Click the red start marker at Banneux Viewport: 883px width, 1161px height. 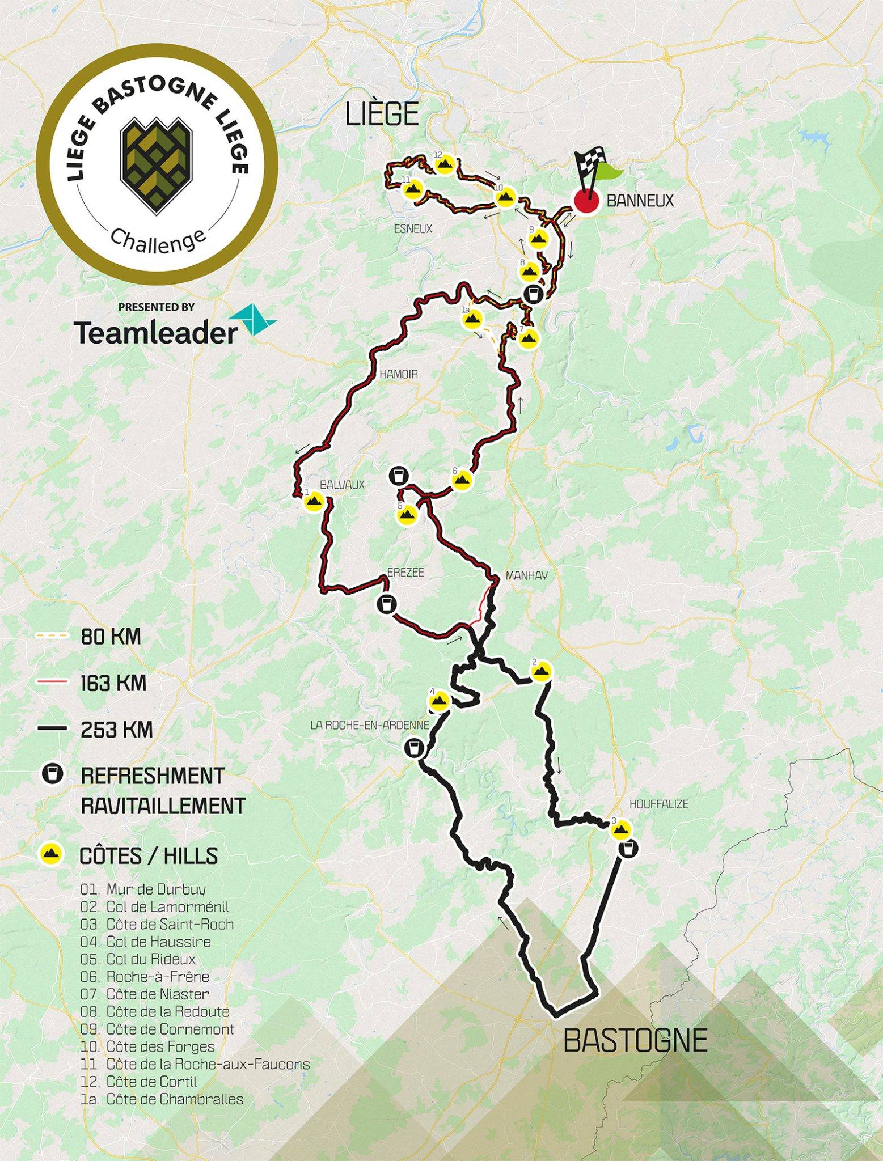(x=586, y=201)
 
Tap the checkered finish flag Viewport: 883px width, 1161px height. (x=590, y=164)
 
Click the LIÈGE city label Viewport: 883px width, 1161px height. (x=382, y=114)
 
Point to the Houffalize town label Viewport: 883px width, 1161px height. (x=658, y=804)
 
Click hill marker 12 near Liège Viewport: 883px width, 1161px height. (x=444, y=164)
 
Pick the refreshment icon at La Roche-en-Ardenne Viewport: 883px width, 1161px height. (x=414, y=747)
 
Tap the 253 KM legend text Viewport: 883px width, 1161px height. (x=116, y=729)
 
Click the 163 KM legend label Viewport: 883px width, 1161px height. (x=113, y=683)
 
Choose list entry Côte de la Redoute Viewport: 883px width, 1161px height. (x=168, y=1012)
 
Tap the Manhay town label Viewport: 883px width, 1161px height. (x=526, y=575)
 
